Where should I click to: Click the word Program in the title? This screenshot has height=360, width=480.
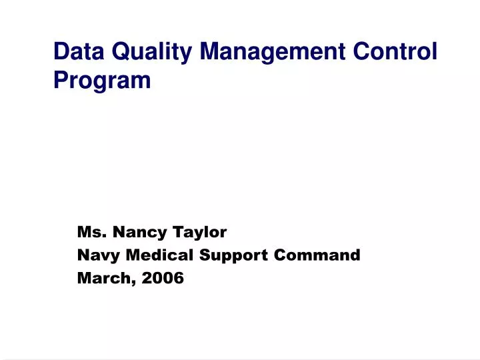point(102,81)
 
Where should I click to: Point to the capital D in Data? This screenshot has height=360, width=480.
point(61,51)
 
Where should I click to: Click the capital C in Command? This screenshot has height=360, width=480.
point(295,255)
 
